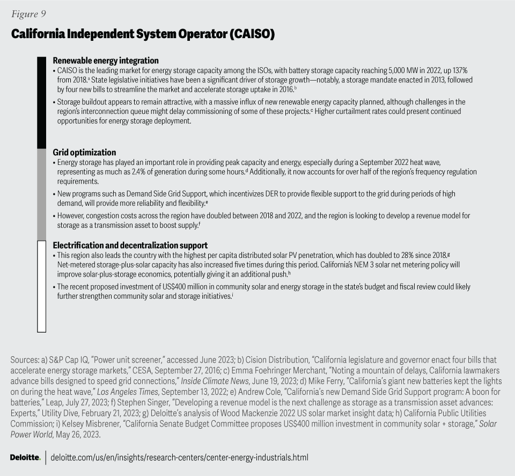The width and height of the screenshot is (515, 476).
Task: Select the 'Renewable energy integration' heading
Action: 106,61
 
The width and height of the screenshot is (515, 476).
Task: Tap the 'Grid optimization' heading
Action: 84,152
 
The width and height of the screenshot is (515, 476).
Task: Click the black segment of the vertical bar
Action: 41,102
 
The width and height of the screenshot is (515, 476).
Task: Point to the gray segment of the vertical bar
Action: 41,194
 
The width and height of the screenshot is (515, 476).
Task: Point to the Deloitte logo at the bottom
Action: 25,458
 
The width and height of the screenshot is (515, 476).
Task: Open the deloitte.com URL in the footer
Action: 179,458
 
